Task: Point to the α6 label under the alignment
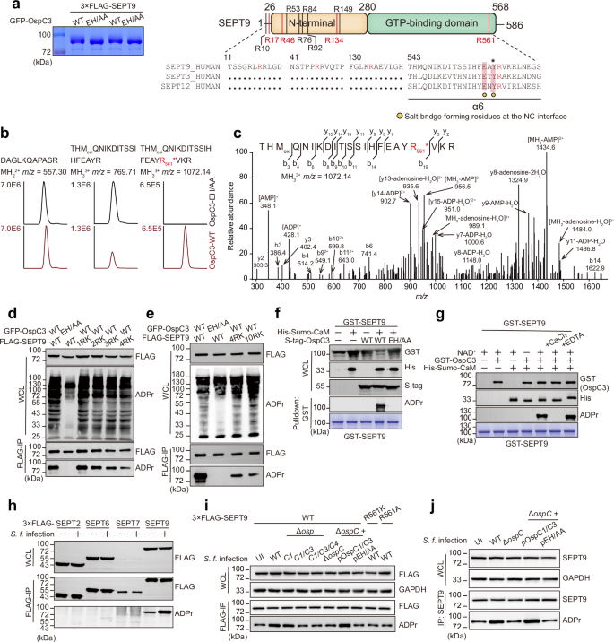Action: (496, 131)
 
